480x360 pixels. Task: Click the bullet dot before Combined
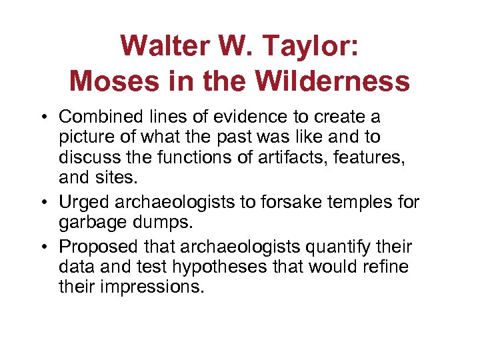pos(49,117)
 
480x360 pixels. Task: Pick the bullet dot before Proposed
pos(49,247)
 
